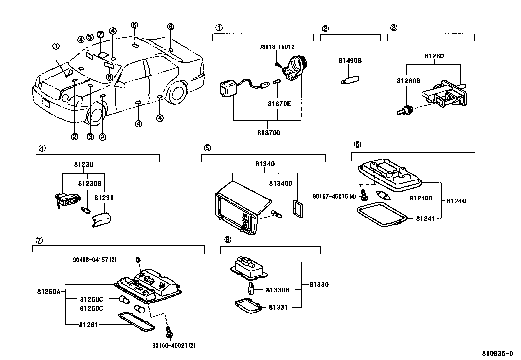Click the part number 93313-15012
[x=277, y=47]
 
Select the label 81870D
[x=269, y=133]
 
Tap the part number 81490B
[x=350, y=61]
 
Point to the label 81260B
[x=408, y=81]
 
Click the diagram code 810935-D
[x=497, y=353]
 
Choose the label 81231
[x=104, y=198]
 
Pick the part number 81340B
[x=281, y=183]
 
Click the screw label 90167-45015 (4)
[x=334, y=196]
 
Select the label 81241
[x=425, y=218]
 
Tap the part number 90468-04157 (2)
[x=95, y=260]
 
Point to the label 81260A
[x=49, y=292]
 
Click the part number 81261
[x=88, y=325]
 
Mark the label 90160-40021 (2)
[x=174, y=345]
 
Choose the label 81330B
[x=278, y=290]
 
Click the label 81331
[x=278, y=307]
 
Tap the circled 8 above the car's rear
[x=171, y=26]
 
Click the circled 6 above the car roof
[x=135, y=25]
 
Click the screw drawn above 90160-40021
[x=169, y=332]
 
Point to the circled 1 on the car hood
[x=56, y=46]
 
